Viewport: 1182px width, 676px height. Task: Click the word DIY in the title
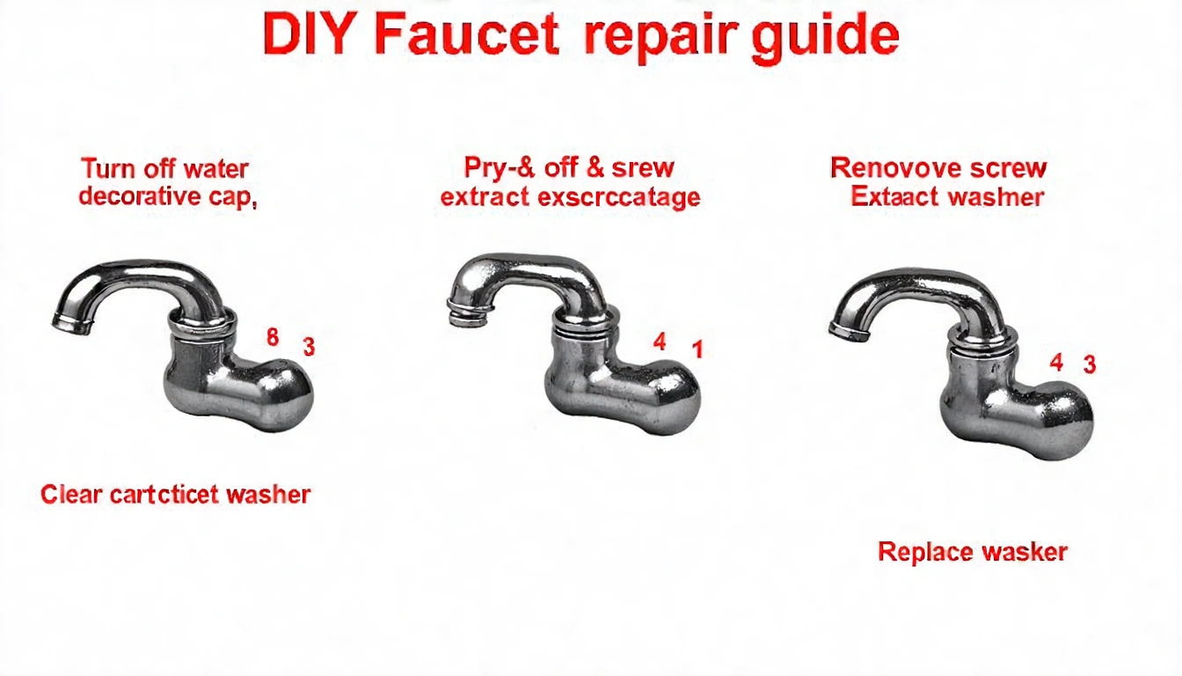coord(310,36)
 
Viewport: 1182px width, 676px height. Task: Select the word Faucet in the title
coord(466,36)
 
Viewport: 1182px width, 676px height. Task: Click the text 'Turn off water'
coord(164,168)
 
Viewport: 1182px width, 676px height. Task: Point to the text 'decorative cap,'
coord(167,195)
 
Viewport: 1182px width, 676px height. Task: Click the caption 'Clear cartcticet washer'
coord(176,495)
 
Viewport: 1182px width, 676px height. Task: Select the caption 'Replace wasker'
coord(973,553)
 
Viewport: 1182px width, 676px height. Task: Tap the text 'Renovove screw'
coord(938,167)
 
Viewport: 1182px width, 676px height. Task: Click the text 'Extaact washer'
coord(947,195)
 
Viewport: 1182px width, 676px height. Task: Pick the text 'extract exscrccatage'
coord(570,196)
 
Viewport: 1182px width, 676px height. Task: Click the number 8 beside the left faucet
coord(273,337)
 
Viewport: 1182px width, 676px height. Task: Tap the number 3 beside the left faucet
coord(309,347)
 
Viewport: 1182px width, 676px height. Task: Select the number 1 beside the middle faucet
coord(697,349)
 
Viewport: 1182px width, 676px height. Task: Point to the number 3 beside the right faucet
coord(1089,364)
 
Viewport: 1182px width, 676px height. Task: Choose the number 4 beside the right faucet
coord(1056,362)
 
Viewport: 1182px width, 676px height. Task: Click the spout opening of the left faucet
coord(70,322)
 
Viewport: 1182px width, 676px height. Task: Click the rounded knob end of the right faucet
coord(1065,423)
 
